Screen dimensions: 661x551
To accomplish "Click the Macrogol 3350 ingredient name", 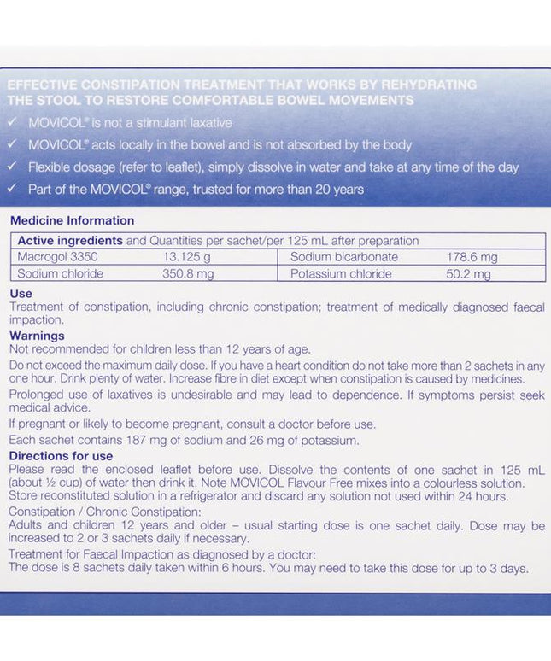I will pyautogui.click(x=51, y=257).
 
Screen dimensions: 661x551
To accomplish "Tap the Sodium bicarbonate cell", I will pyautogui.click(x=344, y=257).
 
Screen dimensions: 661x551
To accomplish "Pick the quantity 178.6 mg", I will pyautogui.click(x=472, y=257).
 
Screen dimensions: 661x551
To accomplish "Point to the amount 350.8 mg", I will pyautogui.click(x=188, y=274).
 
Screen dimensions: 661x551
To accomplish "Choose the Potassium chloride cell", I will pyautogui.click(x=341, y=274).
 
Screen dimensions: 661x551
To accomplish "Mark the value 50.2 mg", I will pyautogui.click(x=468, y=274).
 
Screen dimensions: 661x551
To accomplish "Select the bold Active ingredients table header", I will pyautogui.click(x=69, y=241).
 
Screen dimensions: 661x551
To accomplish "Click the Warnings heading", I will pyautogui.click(x=37, y=336).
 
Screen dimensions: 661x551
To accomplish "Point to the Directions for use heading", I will pyautogui.click(x=61, y=456).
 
